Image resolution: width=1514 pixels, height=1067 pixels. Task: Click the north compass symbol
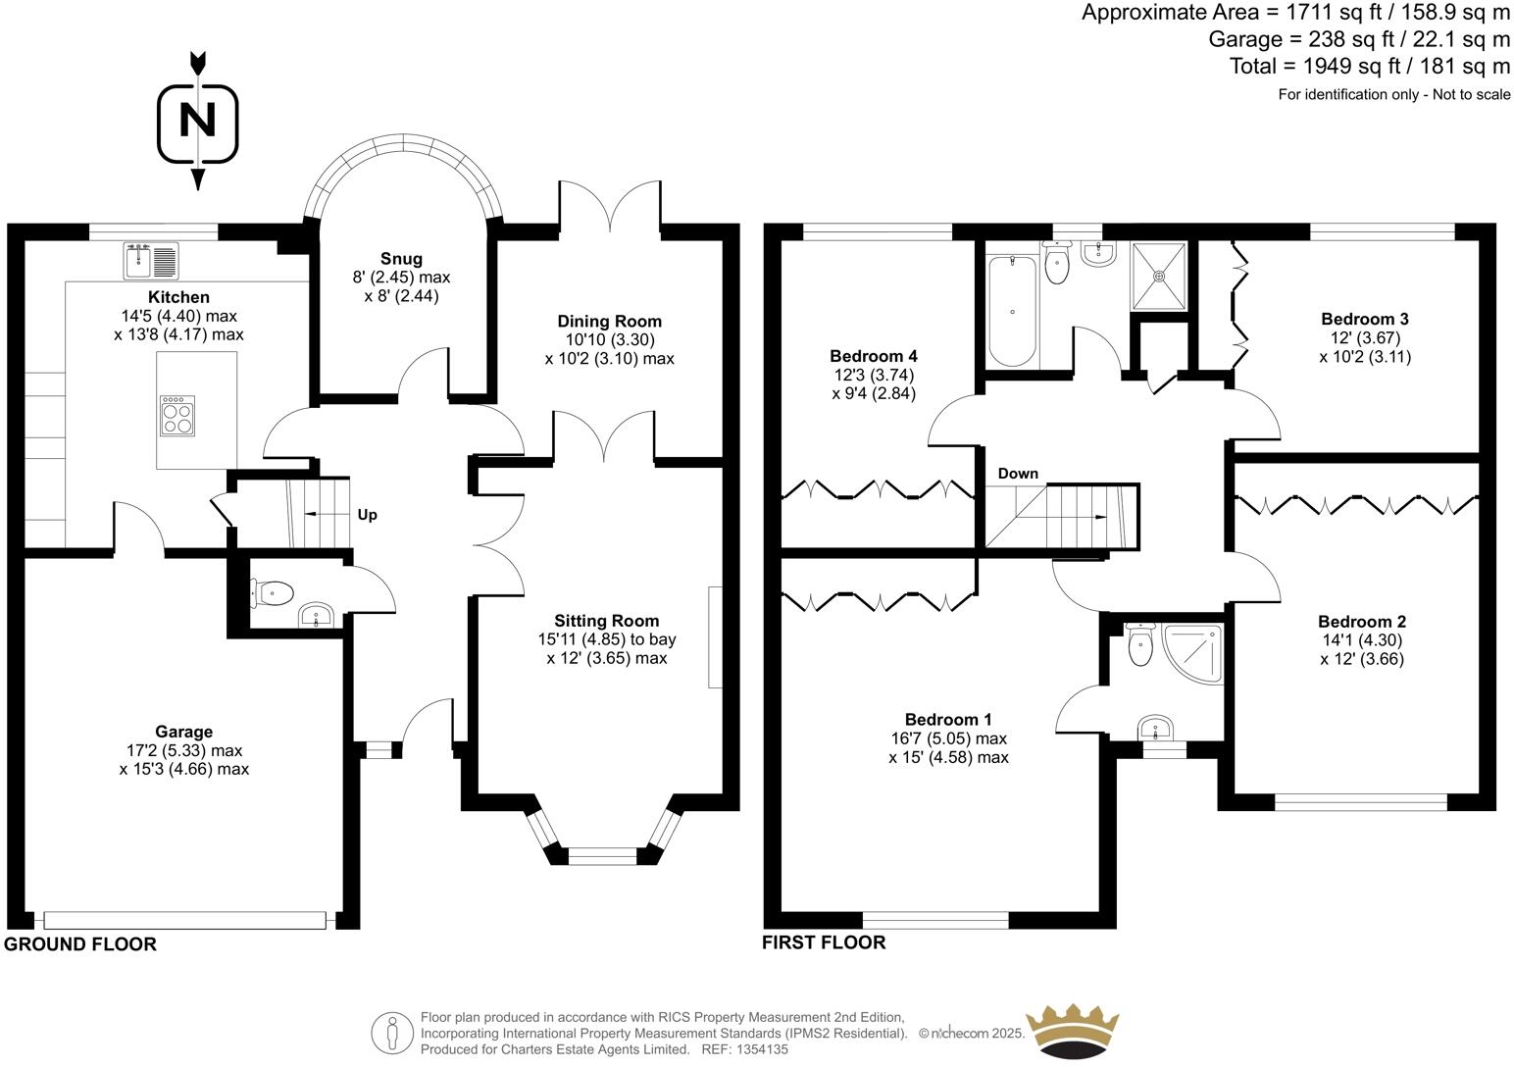198,122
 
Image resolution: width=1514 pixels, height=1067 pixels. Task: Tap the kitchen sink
151,260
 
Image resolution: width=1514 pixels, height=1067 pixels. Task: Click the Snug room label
401,259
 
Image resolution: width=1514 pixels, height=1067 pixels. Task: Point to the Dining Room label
609,322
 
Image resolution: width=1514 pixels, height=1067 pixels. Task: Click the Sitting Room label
606,621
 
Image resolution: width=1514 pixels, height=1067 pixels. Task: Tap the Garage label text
183,732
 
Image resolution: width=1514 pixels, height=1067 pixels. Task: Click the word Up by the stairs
367,515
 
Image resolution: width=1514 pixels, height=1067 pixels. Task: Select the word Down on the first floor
1018,474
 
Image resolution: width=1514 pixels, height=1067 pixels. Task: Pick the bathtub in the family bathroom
1011,309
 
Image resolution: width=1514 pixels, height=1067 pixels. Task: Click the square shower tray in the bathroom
1159,275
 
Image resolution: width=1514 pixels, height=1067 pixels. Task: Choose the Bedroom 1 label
941,720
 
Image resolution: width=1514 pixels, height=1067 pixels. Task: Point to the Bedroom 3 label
1364,319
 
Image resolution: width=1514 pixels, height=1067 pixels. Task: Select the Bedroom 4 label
873,356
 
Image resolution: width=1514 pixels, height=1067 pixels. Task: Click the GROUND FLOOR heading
80,944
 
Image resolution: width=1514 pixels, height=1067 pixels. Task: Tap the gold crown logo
1071,1030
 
